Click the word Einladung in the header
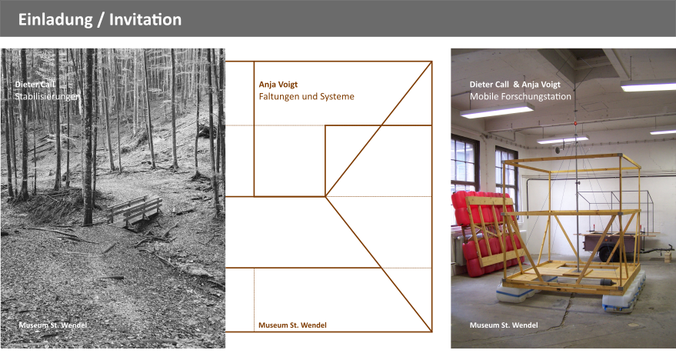[55, 20]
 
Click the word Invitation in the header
[145, 19]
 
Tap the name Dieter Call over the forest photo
[35, 85]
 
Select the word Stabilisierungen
[48, 97]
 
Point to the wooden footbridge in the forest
[134, 211]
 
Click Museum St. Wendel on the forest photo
[52, 325]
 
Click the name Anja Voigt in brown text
[278, 85]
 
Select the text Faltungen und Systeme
[307, 97]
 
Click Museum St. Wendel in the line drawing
[292, 325]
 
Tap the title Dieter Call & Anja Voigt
[515, 85]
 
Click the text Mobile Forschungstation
[521, 97]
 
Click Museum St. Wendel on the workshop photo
[504, 325]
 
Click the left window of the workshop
[465, 168]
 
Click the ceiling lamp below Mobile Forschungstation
[497, 111]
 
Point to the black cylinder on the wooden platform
[607, 283]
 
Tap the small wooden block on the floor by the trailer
[668, 258]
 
